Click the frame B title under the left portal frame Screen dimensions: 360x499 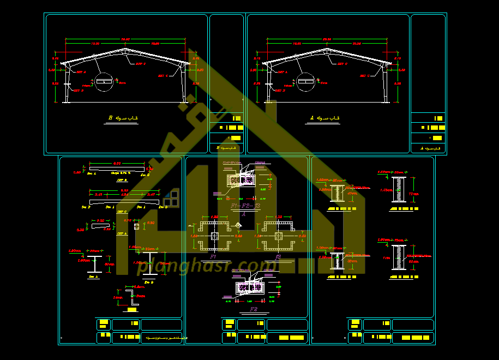(x=123, y=118)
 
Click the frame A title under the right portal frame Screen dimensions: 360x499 (x=324, y=118)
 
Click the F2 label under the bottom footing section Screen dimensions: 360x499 (x=254, y=309)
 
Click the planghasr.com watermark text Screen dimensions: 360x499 (x=207, y=266)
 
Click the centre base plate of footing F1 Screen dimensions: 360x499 (x=214, y=236)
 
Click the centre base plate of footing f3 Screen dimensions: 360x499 (x=279, y=236)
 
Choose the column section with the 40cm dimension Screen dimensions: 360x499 (x=338, y=194)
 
